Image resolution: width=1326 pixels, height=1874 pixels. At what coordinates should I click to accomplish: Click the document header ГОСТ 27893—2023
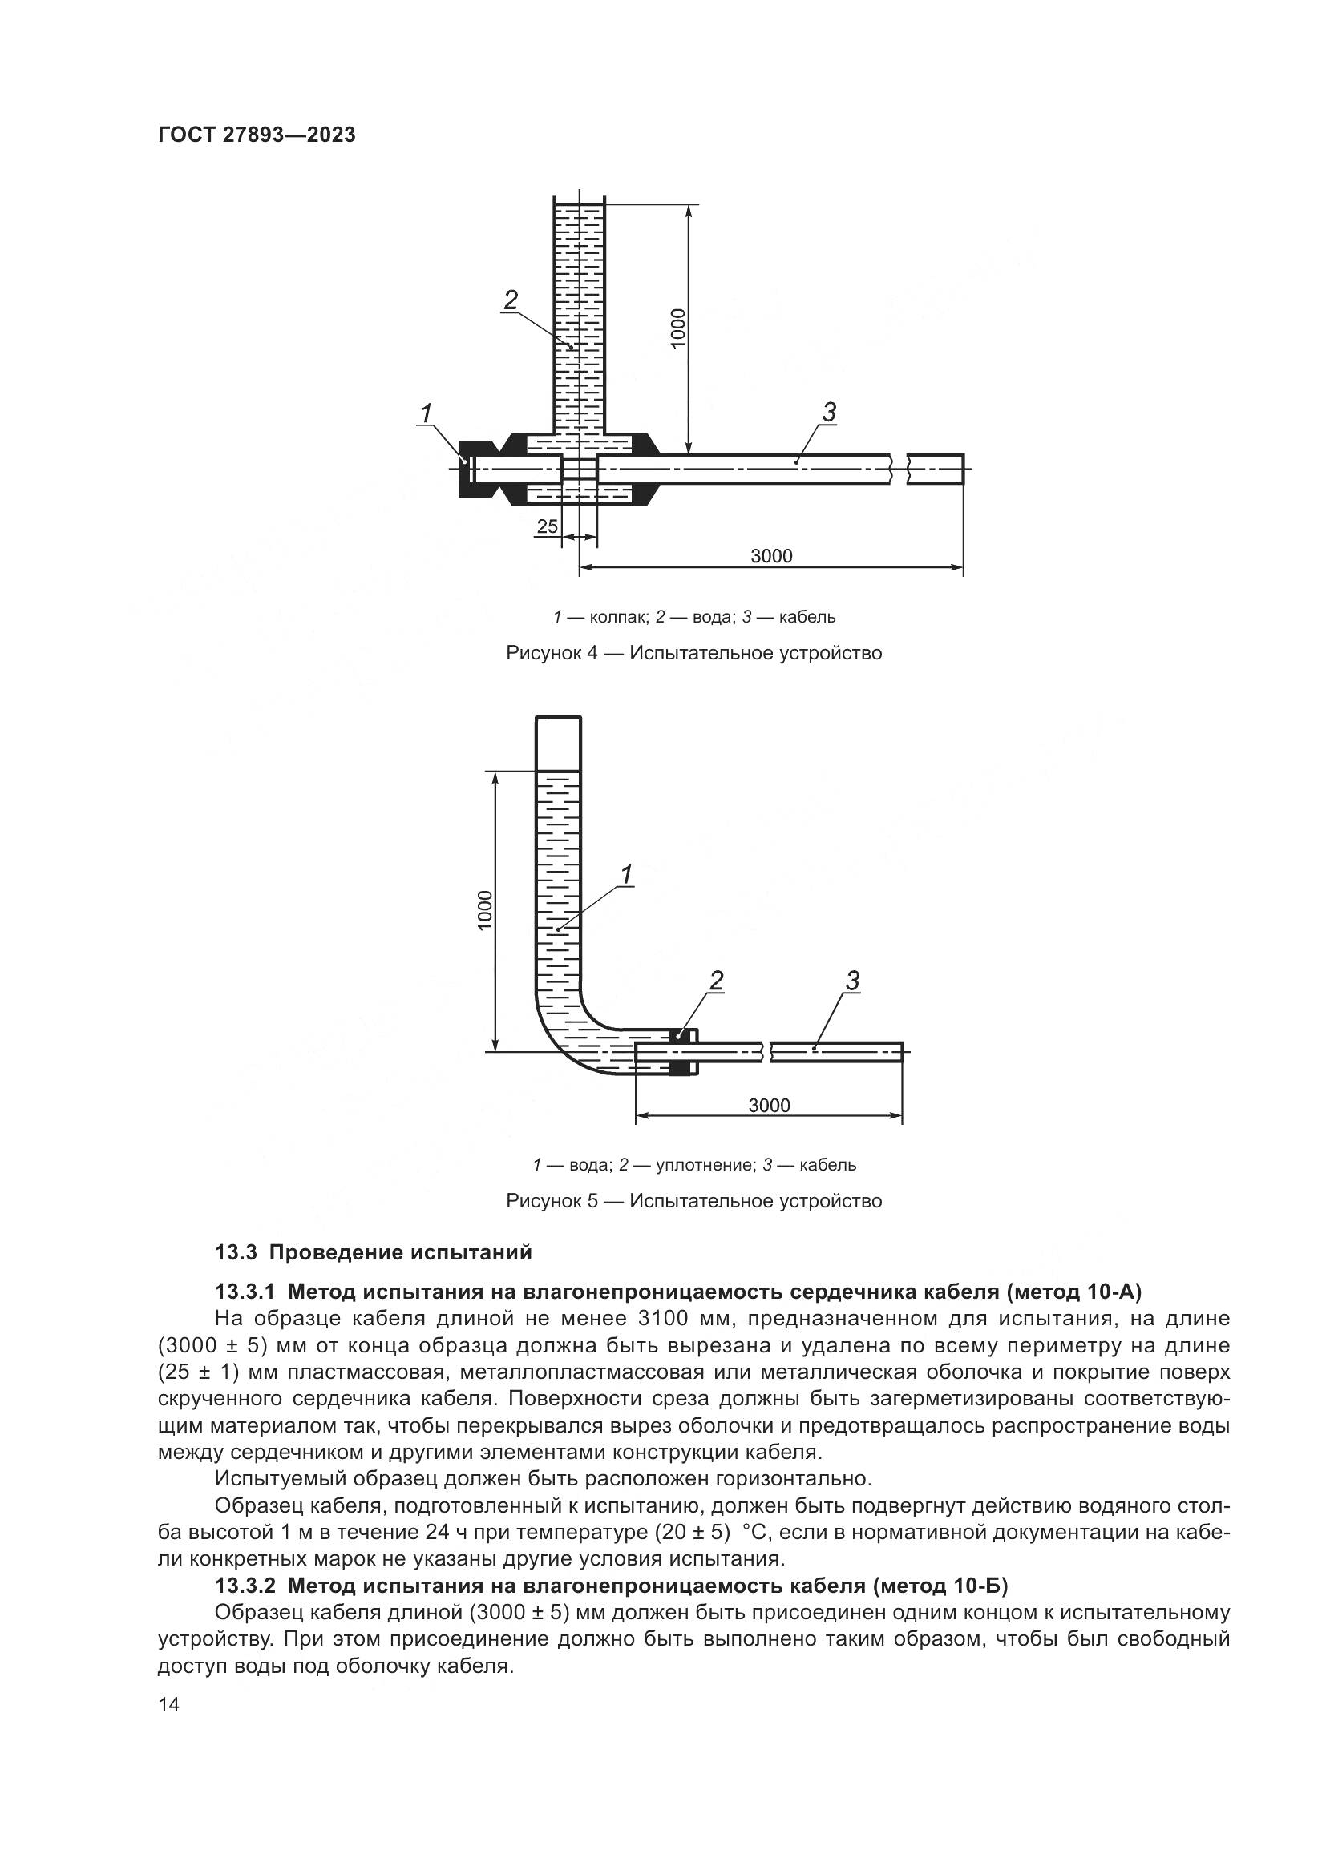tap(257, 135)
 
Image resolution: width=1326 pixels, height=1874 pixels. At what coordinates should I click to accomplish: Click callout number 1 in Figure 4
tap(427, 415)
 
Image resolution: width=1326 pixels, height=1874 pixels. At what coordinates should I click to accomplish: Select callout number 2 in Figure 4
tap(511, 300)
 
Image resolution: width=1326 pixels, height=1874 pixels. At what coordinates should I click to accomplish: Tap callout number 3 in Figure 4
tap(829, 413)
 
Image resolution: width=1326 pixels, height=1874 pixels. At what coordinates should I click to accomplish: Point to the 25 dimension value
tap(547, 526)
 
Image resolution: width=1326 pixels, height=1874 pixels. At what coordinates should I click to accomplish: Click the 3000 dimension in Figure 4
tap(770, 556)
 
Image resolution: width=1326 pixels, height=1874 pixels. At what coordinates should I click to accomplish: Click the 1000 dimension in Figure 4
tap(678, 328)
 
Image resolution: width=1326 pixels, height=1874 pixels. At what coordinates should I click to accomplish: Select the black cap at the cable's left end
tap(472, 470)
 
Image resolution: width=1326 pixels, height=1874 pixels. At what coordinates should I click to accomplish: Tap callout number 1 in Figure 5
tap(626, 876)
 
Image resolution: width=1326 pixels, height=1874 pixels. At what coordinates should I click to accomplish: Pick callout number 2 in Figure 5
tap(716, 980)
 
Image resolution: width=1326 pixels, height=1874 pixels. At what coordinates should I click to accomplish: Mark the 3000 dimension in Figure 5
tap(769, 1105)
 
